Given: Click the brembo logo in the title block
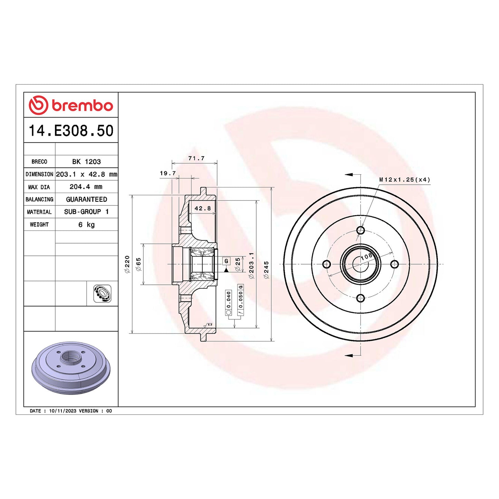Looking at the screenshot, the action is (71, 105).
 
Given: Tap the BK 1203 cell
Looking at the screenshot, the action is (86, 162).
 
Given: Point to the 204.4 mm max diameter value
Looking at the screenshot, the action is (86, 187).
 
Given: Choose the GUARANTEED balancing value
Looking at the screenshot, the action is (86, 199).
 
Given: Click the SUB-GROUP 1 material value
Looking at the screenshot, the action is (86, 212).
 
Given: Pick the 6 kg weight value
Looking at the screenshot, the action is (86, 224).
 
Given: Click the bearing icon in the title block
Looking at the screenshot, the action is (102, 294).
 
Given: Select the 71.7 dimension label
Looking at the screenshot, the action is (196, 158).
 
